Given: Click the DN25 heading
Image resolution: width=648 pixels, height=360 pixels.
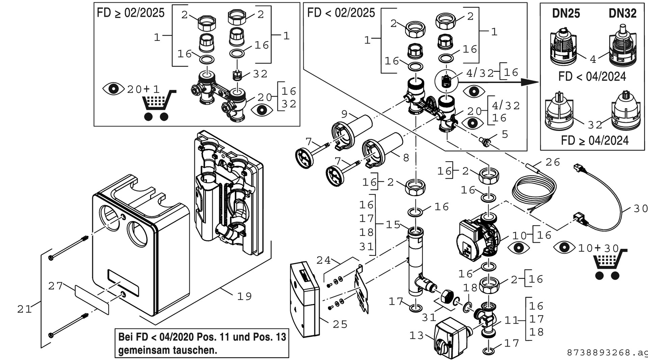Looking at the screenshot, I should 566,13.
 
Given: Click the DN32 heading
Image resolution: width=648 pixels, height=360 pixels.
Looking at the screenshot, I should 622,13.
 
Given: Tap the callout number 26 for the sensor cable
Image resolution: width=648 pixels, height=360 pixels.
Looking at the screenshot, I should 552,162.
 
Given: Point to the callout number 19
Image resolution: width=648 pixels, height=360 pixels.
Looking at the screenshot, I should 244,297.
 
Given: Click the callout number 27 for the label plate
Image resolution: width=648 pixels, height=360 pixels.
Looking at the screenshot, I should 55,286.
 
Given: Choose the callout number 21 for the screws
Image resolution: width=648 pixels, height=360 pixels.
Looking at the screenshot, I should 24,309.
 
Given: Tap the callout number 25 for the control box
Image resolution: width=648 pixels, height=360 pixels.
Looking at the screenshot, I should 340,325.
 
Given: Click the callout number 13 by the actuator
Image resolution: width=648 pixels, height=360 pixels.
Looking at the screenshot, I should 416,336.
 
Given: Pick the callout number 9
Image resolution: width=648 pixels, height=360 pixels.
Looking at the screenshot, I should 344,114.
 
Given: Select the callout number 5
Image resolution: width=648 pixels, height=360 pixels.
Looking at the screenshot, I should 505,134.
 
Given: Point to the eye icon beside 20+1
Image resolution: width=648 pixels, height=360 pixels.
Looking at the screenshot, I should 113,89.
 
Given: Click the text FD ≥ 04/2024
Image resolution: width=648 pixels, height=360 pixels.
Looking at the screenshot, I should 595,140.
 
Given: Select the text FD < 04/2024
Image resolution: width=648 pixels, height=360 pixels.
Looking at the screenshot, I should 592,77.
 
